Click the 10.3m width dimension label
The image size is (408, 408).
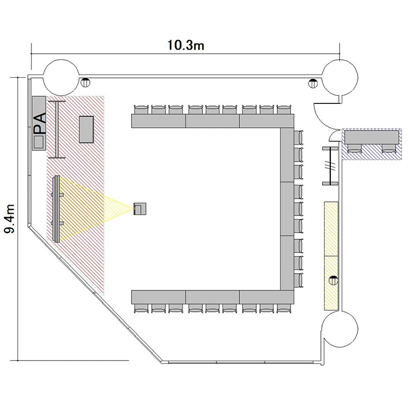tap(186, 45)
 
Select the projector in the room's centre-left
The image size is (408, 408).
tap(140, 209)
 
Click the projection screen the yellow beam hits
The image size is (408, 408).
tap(57, 209)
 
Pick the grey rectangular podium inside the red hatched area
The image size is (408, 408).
tap(86, 129)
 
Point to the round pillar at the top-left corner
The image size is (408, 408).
tap(61, 77)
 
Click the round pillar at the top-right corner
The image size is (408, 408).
tap(340, 77)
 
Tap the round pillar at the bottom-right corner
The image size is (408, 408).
tap(340, 329)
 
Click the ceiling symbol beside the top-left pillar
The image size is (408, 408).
tap(85, 83)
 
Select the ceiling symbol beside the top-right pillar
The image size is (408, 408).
tap(313, 83)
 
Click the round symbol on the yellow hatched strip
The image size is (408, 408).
tap(333, 280)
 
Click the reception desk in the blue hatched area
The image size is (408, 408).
tap(372, 137)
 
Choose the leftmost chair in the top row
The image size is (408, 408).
tap(141, 109)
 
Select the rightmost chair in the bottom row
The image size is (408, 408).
tap(284, 308)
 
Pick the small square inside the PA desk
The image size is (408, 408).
tap(39, 143)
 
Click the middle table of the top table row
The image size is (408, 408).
tap(212, 121)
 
